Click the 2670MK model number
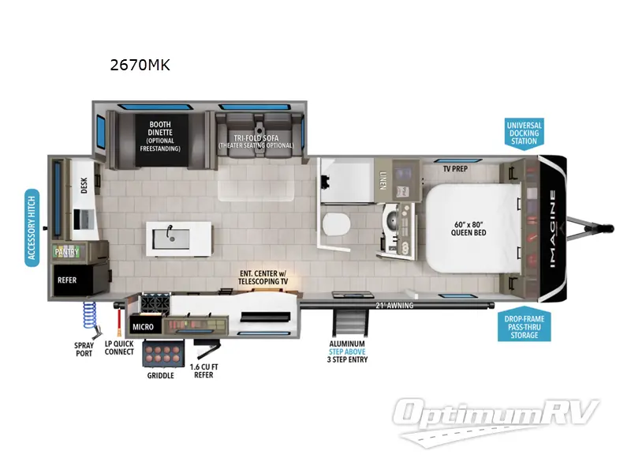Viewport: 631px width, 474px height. point(140,65)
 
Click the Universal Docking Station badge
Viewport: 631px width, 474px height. point(525,134)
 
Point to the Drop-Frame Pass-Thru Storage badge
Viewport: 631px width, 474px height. point(525,327)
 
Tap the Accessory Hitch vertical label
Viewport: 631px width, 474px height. point(32,228)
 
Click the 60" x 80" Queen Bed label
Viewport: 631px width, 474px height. point(469,228)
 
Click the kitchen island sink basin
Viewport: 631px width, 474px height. point(170,239)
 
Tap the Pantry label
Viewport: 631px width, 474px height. point(67,252)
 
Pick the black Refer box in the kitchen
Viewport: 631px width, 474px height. point(73,280)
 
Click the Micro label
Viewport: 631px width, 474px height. point(144,327)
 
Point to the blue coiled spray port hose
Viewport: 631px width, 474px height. point(90,314)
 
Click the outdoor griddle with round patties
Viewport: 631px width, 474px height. point(163,353)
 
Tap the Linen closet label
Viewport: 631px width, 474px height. point(383,181)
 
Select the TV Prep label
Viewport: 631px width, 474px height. point(455,169)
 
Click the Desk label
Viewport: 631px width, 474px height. point(84,186)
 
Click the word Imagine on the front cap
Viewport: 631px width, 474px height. point(554,228)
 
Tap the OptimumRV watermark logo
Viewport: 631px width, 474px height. point(495,421)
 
